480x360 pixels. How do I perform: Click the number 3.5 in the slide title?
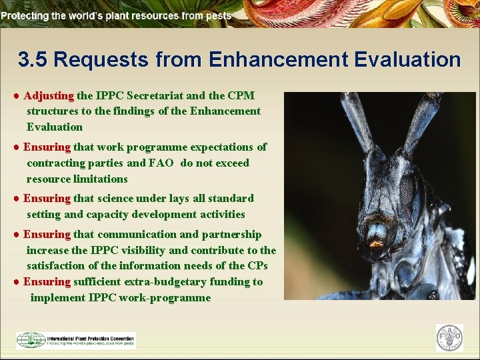click(x=33, y=60)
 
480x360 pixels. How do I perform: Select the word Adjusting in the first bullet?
click(x=49, y=96)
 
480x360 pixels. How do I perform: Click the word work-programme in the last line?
click(x=165, y=297)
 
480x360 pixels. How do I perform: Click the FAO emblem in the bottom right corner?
click(x=449, y=338)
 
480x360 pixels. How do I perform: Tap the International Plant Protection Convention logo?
click(x=75, y=340)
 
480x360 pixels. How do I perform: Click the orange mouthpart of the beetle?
click(x=377, y=244)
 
